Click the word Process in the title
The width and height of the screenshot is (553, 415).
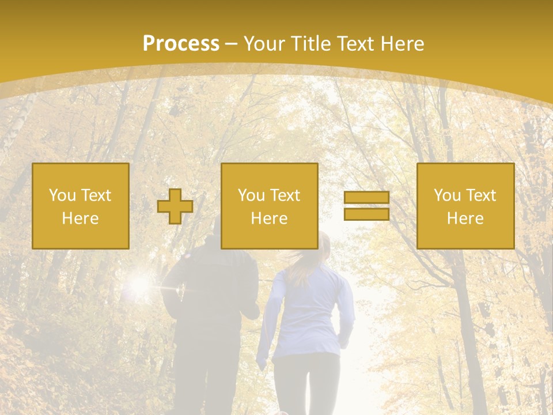pyautogui.click(x=181, y=44)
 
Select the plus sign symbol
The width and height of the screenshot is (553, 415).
pyautogui.click(x=175, y=206)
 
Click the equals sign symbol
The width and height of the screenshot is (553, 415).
pyautogui.click(x=366, y=206)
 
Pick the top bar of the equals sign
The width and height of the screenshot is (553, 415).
pyautogui.click(x=366, y=198)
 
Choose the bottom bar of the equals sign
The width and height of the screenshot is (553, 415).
pyautogui.click(x=366, y=214)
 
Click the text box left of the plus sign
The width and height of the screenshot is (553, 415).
pyautogui.click(x=81, y=206)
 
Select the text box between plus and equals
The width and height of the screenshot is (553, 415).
pyautogui.click(x=270, y=206)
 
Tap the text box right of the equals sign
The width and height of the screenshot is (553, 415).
pyautogui.click(x=465, y=206)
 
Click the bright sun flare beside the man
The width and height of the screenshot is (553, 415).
pyautogui.click(x=140, y=284)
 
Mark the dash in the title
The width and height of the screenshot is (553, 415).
pyautogui.click(x=231, y=44)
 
